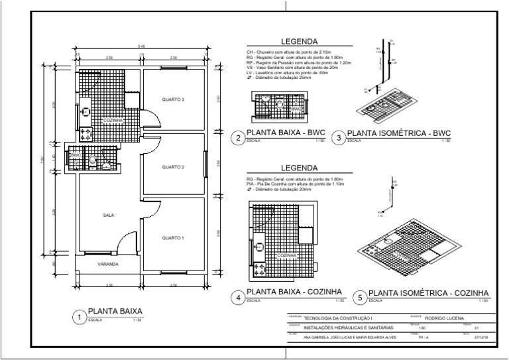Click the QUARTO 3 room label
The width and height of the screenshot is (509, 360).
click(173, 99)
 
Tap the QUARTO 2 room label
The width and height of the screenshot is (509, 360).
click(173, 166)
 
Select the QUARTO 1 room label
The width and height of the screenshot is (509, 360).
click(173, 237)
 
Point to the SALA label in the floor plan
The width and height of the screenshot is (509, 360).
click(108, 215)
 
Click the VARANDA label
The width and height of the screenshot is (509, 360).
click(108, 264)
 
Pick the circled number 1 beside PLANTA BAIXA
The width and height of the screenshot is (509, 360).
click(79, 318)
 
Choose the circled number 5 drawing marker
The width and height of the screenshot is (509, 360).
click(359, 297)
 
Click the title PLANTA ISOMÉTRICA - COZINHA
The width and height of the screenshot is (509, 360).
click(428, 292)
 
